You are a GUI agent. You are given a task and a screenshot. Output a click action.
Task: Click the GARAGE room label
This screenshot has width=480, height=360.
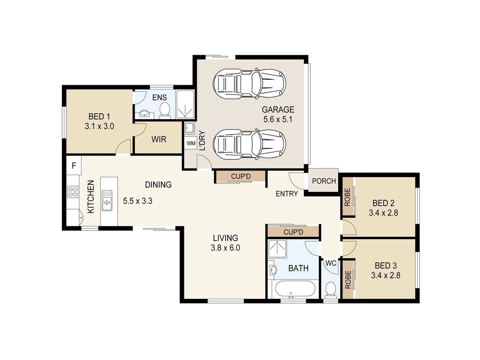pyautogui.click(x=278, y=110)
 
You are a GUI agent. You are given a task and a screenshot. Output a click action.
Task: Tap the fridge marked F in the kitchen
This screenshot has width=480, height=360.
pyautogui.click(x=74, y=166)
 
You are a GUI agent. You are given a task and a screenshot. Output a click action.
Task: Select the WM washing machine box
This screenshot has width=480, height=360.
pyautogui.click(x=191, y=143)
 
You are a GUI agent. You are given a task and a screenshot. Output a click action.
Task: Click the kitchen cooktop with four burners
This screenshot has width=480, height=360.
pyautogui.click(x=73, y=192)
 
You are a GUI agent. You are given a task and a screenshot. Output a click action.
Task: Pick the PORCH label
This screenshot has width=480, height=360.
pyautogui.click(x=324, y=181)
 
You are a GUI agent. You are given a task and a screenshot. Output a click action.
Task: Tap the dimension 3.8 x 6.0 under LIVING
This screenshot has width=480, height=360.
pyautogui.click(x=226, y=248)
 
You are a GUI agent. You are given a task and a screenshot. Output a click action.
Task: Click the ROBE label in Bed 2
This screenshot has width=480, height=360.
pyautogui.click(x=347, y=197)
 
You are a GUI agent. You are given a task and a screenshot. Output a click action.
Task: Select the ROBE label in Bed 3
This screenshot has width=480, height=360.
pyautogui.click(x=348, y=279)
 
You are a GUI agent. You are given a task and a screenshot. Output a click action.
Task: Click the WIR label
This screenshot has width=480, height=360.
pyautogui.click(x=159, y=139)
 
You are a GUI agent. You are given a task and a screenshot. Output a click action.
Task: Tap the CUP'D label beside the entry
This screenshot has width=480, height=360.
pyautogui.click(x=240, y=176)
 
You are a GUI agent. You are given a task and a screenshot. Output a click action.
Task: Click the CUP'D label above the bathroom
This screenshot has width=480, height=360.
pyautogui.click(x=293, y=232)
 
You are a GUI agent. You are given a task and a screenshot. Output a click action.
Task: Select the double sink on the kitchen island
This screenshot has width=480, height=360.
pyautogui.click(x=107, y=200)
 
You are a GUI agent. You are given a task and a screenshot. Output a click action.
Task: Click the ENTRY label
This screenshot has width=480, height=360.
pyautogui.click(x=287, y=194)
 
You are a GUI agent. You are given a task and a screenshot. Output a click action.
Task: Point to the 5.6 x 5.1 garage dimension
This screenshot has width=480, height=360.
pyautogui.click(x=278, y=119)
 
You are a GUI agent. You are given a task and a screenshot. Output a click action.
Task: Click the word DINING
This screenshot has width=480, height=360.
pyautogui.click(x=158, y=185)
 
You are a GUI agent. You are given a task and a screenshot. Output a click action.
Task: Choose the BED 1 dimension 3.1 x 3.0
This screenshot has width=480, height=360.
pyautogui.click(x=99, y=126)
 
